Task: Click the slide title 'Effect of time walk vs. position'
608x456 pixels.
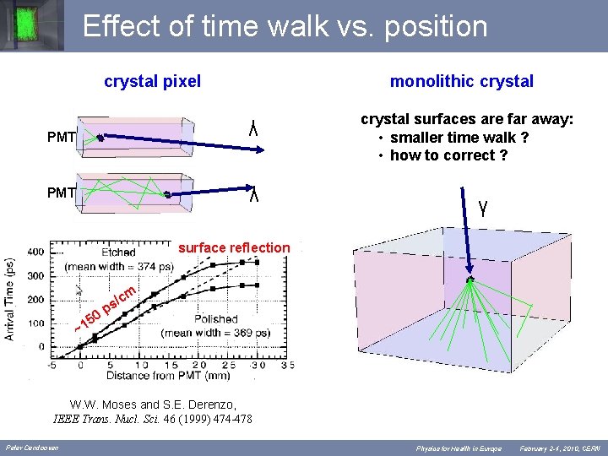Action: click(285, 26)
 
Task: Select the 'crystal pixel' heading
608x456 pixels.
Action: click(152, 81)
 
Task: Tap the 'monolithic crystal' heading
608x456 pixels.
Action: click(461, 81)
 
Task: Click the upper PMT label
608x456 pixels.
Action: click(62, 137)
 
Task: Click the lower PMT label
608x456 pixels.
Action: click(62, 193)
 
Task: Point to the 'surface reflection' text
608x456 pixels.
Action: click(234, 247)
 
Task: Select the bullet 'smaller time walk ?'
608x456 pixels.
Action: click(459, 138)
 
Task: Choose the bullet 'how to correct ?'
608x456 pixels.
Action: click(448, 155)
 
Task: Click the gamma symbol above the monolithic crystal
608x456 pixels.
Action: click(481, 206)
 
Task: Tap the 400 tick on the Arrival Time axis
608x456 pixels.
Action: click(35, 252)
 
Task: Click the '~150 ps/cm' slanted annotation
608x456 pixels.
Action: click(106, 309)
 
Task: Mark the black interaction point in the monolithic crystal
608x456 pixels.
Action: click(470, 280)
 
